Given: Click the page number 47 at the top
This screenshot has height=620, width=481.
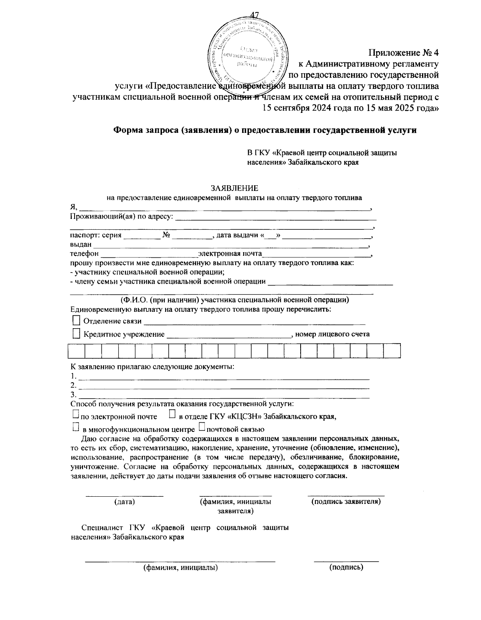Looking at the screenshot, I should click(255, 16).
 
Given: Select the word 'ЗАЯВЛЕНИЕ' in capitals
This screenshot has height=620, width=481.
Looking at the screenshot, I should click(235, 188).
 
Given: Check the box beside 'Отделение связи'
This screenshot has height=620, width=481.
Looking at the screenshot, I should click(76, 320).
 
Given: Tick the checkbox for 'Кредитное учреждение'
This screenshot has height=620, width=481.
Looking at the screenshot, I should click(76, 333).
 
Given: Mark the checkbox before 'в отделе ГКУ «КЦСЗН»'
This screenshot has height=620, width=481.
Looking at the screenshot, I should click(172, 415).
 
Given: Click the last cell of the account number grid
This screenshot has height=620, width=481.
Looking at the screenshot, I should click(392, 351).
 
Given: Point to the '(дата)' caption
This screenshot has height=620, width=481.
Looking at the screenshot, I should click(125, 502).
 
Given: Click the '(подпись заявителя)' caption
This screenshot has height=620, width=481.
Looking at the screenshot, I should click(346, 501).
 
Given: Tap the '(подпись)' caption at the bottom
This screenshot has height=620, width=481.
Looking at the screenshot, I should click(346, 567).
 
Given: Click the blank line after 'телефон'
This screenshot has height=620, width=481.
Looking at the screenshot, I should click(148, 255).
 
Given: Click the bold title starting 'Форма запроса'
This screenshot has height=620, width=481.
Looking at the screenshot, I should click(265, 130).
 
